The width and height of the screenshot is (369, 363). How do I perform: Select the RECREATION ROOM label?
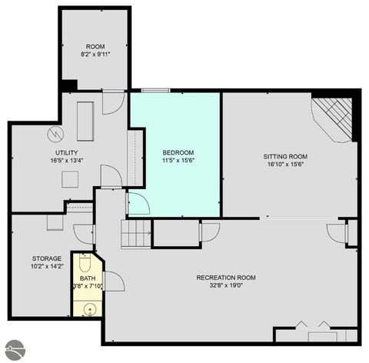[x=225, y=277]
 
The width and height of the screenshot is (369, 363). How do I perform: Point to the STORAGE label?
[x=46, y=258]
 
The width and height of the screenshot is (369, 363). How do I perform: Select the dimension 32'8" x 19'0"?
[x=225, y=285]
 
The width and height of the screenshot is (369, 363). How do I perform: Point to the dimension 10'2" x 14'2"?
[x=46, y=267]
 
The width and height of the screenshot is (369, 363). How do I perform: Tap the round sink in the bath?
[x=89, y=310]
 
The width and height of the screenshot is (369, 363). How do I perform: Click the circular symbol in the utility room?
[x=55, y=135]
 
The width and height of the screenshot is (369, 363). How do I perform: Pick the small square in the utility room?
[x=71, y=178]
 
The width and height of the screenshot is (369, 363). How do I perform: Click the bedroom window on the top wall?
[x=155, y=91]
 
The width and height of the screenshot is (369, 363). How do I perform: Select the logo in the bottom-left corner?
[x=14, y=349]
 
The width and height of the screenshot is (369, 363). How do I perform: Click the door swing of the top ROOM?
[x=112, y=102]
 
